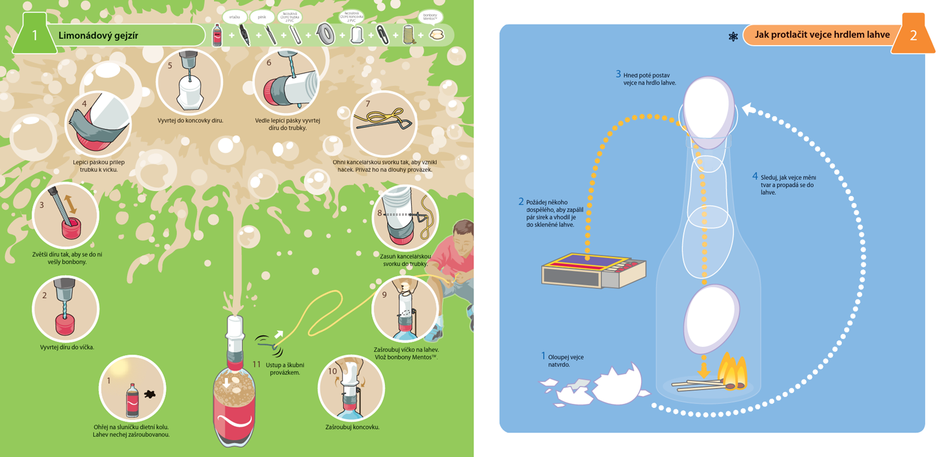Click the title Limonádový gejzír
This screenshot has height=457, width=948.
coord(98,35)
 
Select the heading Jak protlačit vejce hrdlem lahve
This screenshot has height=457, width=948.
coord(822,35)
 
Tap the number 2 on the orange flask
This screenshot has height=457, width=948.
coord(913,35)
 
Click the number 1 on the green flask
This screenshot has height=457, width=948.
coord(34,35)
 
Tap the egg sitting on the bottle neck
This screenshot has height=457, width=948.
coord(709,112)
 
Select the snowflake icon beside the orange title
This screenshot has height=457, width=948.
coord(733,37)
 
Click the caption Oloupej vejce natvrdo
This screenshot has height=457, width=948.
coord(565,360)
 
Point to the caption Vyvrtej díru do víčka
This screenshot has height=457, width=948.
coord(67,347)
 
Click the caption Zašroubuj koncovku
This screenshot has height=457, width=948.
coord(352,427)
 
